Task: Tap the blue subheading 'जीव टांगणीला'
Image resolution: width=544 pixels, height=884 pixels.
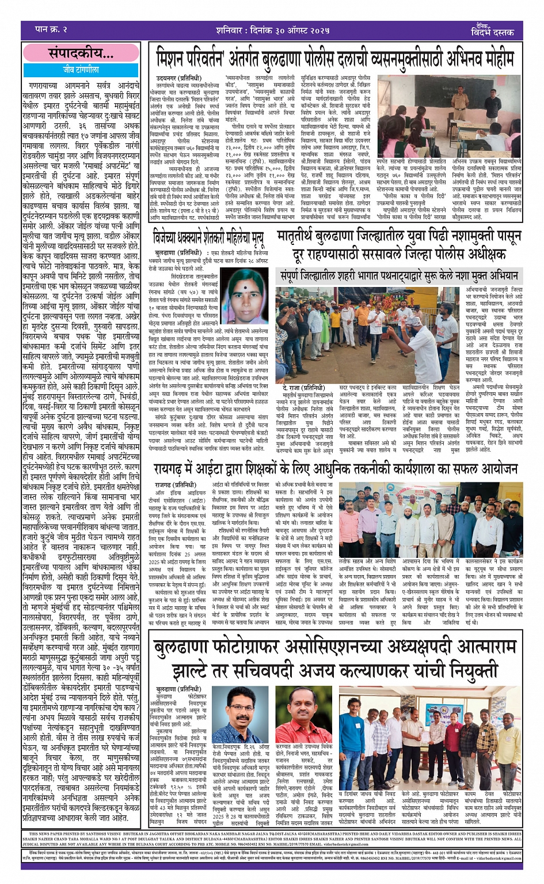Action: [81, 69]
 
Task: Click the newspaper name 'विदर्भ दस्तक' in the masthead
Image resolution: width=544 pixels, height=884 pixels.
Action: [492, 32]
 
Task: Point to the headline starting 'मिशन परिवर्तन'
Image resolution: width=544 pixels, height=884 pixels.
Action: [334, 59]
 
